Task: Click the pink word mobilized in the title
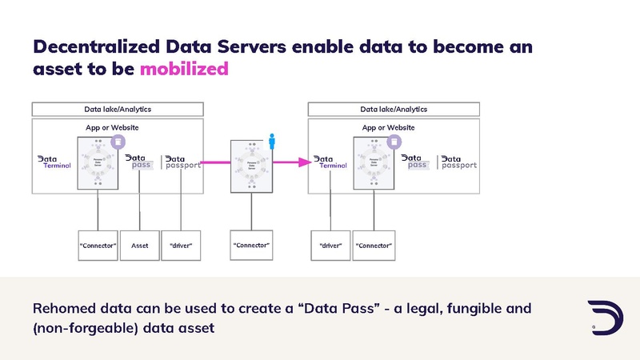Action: pyautogui.click(x=184, y=69)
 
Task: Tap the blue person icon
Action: pyautogui.click(x=271, y=142)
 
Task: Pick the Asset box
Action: pyautogui.click(x=139, y=246)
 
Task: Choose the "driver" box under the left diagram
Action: pyautogui.click(x=181, y=246)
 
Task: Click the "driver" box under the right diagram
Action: pyautogui.click(x=330, y=246)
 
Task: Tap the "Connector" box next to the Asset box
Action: pyautogui.click(x=98, y=246)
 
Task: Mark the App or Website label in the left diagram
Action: pyautogui.click(x=112, y=127)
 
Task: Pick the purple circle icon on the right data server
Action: pyautogui.click(x=394, y=142)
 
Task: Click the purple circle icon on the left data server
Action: pyautogui.click(x=117, y=142)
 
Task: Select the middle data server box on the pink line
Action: pyautogui.click(x=251, y=166)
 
